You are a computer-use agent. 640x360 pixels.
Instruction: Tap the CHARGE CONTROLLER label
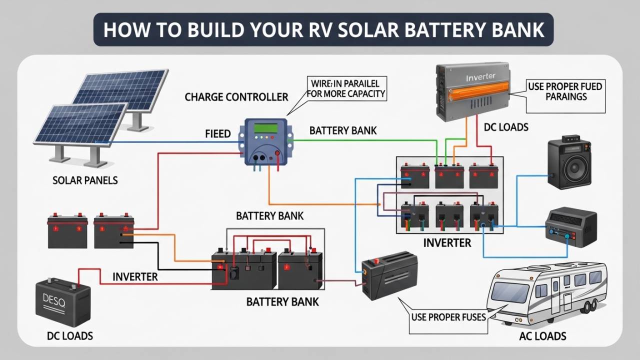coord(236,96)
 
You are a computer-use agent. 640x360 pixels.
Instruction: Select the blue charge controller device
coord(265,142)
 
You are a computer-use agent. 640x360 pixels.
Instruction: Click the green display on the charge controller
coord(265,128)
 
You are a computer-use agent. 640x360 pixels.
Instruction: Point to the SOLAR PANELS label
coord(85,180)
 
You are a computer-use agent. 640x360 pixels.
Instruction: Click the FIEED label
coord(218,134)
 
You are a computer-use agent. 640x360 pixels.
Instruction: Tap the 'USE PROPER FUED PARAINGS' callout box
coord(565,91)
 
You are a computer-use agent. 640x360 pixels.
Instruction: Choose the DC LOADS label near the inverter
coord(506,127)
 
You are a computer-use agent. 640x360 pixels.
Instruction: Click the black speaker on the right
coord(569,163)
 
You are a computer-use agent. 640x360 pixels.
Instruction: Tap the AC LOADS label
coord(542,336)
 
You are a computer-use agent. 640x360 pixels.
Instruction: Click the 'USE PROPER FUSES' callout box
coord(448,317)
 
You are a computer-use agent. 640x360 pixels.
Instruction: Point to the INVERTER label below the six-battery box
coord(447,243)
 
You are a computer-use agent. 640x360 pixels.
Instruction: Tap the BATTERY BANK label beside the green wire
coord(343,130)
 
